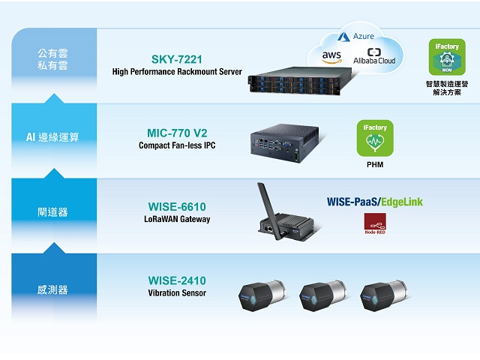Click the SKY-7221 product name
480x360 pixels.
tap(177, 58)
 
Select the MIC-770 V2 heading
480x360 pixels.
tap(177, 133)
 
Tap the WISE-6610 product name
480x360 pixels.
tap(177, 206)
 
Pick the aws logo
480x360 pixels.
tap(331, 55)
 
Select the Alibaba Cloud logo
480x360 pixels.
tap(375, 57)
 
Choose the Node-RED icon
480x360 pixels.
tap(375, 223)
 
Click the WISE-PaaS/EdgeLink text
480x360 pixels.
tap(375, 202)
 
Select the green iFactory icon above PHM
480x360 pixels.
tap(375, 137)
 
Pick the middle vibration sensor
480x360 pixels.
tap(320, 297)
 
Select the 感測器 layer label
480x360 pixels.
tap(52, 289)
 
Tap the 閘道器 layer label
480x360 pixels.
tap(52, 212)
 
